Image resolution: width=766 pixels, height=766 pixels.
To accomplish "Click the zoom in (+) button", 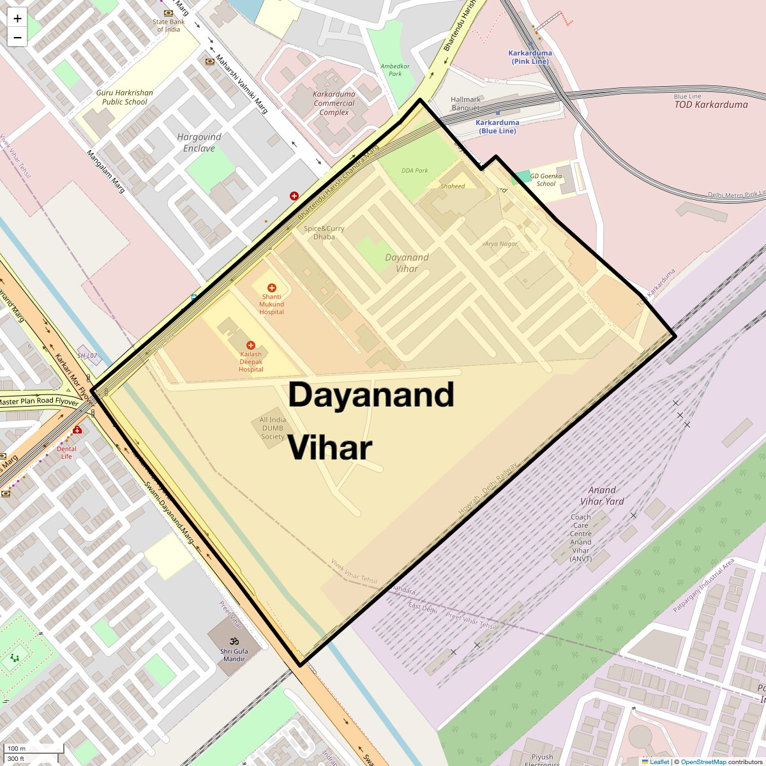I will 17,19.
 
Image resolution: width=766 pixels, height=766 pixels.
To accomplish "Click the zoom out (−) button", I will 17,38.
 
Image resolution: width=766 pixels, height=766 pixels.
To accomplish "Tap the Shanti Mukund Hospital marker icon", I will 271,288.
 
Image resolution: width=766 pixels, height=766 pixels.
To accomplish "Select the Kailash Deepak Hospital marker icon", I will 251,345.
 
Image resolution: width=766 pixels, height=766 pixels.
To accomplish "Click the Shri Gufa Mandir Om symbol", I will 234,640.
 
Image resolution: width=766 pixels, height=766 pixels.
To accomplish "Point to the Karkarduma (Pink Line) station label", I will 530,57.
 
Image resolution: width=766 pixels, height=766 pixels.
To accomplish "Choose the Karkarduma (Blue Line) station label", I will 497,126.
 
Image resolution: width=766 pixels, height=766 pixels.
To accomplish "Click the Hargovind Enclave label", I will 199,142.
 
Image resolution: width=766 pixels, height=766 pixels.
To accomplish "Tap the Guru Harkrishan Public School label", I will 124,97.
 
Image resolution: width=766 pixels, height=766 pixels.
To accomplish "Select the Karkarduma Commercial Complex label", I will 334,103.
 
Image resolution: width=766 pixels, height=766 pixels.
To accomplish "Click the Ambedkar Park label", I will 395,70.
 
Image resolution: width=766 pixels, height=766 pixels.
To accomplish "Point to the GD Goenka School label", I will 546,179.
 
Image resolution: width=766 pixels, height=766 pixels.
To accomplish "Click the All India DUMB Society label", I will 273,428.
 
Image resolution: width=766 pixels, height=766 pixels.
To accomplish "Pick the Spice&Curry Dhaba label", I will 324,232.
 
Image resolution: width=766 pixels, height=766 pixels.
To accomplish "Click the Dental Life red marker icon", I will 77,430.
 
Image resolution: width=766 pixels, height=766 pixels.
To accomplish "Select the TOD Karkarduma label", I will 711,105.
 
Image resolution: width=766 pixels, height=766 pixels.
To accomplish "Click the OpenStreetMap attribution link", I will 703,762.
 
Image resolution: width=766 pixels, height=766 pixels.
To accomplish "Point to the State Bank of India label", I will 169,26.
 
